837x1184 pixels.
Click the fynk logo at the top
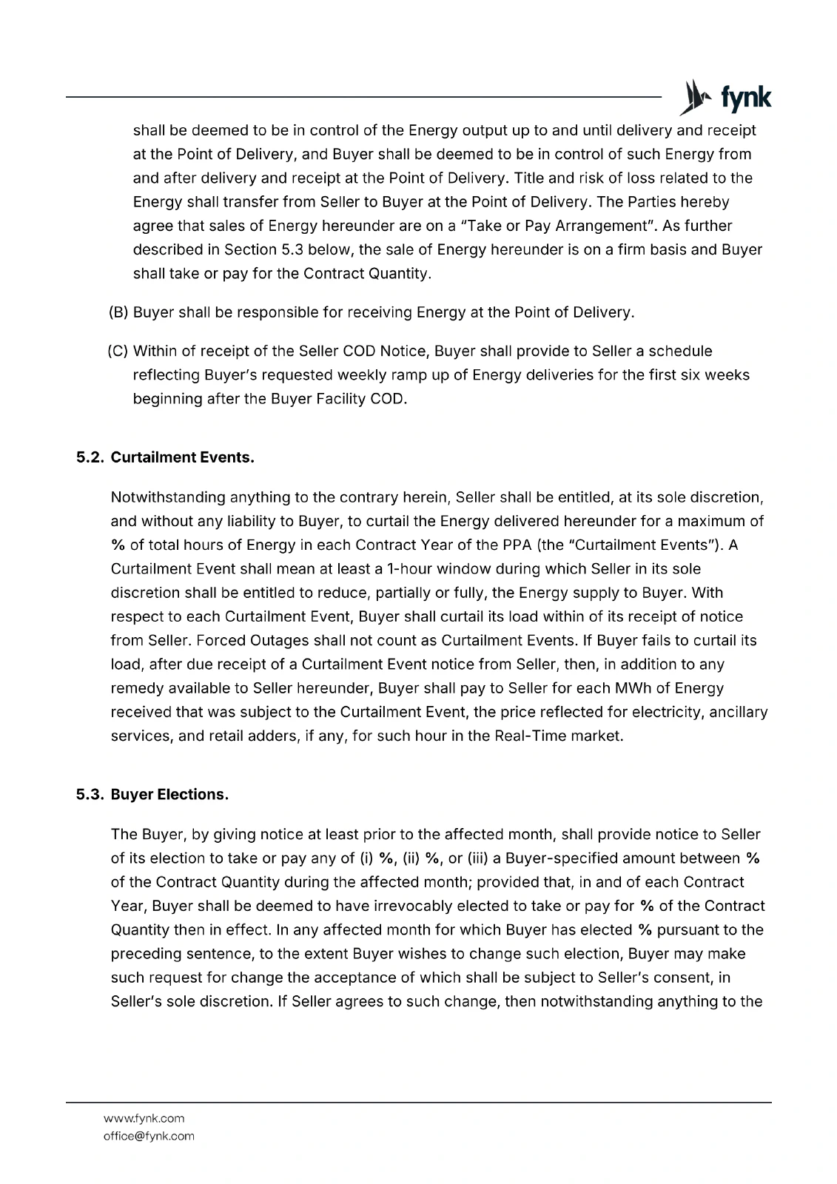coord(725,98)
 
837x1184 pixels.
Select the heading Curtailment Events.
coord(182,457)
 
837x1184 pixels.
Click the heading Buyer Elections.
coord(169,795)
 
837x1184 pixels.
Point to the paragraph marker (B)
coord(118,312)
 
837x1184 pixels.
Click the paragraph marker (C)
coord(118,351)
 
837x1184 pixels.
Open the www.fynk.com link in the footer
coord(144,1118)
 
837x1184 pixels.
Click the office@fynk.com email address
coord(149,1136)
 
